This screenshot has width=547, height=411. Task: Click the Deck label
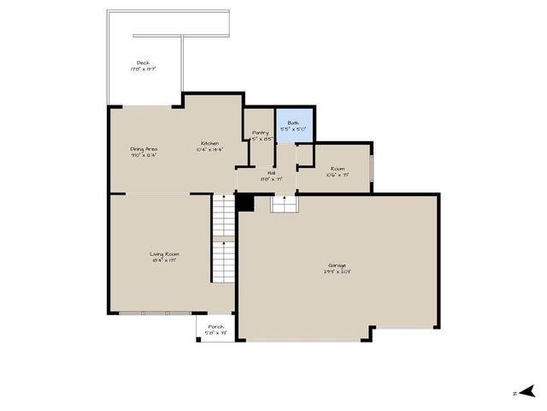pyautogui.click(x=144, y=63)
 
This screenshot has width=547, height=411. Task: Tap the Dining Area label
pyautogui.click(x=144, y=149)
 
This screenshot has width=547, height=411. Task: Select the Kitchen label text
pyautogui.click(x=210, y=143)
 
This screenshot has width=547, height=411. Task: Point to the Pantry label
pyautogui.click(x=261, y=133)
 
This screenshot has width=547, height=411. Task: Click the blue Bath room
pyautogui.click(x=295, y=125)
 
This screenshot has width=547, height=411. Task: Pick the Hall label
pyautogui.click(x=271, y=173)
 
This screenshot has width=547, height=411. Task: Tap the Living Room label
pyautogui.click(x=165, y=254)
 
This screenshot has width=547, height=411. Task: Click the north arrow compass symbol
pyautogui.click(x=530, y=392)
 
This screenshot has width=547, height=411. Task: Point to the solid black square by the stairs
pyautogui.click(x=245, y=202)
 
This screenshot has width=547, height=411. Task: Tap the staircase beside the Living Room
pyautogui.click(x=223, y=240)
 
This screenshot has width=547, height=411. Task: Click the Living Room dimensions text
pyautogui.click(x=165, y=261)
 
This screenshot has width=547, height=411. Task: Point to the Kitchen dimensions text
pyautogui.click(x=210, y=149)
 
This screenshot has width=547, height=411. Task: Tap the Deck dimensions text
pyautogui.click(x=144, y=69)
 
